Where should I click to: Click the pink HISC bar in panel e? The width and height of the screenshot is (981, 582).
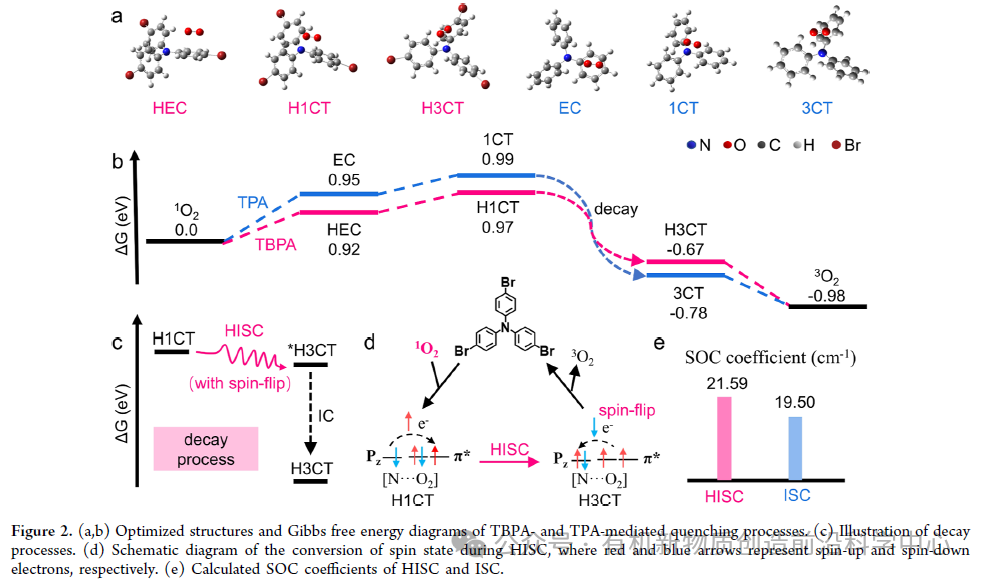pyautogui.click(x=724, y=439)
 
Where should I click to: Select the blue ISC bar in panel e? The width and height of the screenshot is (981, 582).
pyautogui.click(x=795, y=448)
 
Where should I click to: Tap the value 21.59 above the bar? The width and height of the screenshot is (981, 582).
pyautogui.click(x=724, y=384)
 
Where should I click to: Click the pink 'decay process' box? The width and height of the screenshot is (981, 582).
pyautogui.click(x=206, y=449)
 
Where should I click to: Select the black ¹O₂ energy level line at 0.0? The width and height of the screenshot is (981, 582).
pyautogui.click(x=186, y=241)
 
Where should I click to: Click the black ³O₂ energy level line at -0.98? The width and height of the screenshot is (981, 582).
pyautogui.click(x=827, y=306)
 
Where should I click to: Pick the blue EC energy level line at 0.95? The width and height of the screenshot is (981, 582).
pyautogui.click(x=340, y=193)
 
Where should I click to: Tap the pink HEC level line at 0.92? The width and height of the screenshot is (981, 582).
pyautogui.click(x=340, y=211)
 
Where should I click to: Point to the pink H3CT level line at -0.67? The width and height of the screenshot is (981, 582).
pyautogui.click(x=684, y=262)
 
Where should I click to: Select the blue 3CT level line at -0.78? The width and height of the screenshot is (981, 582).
pyautogui.click(x=684, y=274)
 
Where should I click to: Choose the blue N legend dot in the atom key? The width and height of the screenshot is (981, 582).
pyautogui.click(x=692, y=146)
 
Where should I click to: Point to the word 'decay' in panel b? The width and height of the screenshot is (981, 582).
pyautogui.click(x=613, y=210)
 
